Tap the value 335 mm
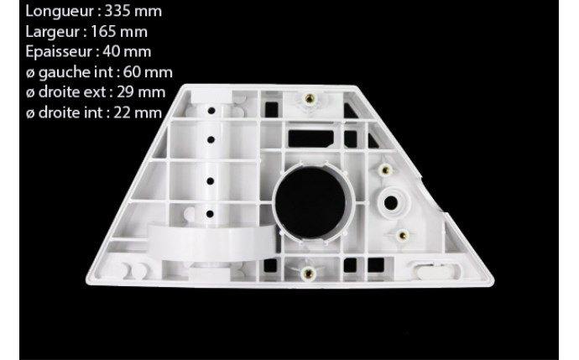133,11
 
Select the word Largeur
53,32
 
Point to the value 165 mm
119,31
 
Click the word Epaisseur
59,52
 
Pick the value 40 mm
127,51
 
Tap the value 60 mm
148,72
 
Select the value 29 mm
141,92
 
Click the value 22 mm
138,112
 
